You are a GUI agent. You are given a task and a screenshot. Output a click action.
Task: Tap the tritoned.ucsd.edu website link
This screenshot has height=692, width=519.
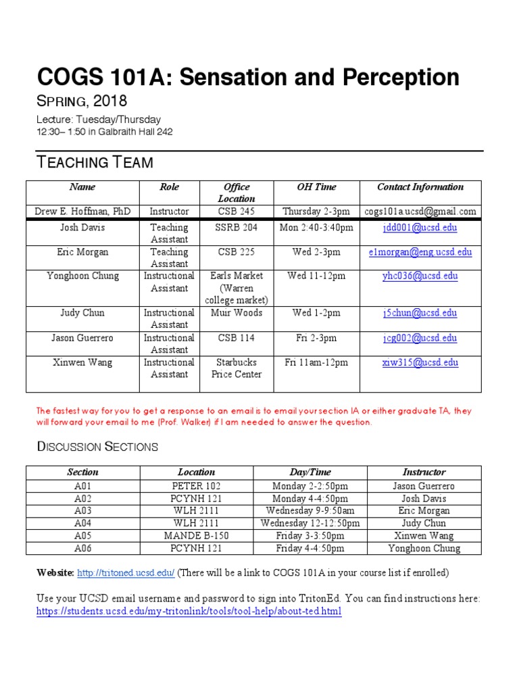tap(126, 573)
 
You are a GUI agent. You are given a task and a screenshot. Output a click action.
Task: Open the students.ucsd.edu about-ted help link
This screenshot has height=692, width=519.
tap(189, 612)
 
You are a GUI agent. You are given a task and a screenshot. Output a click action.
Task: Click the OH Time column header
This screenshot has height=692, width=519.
tap(316, 187)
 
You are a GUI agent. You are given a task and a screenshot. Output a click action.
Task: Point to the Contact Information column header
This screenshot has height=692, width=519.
tap(420, 187)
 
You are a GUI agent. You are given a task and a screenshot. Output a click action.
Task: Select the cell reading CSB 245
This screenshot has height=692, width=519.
tap(237, 212)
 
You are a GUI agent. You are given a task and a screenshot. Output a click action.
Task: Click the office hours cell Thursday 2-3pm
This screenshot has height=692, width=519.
tap(316, 212)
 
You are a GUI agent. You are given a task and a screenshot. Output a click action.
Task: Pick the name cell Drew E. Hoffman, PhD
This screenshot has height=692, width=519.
tap(82, 212)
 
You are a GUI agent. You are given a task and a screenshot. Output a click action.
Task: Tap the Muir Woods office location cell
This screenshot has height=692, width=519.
tap(237, 313)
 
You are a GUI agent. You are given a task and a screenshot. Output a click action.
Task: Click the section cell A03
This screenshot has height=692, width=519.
tap(82, 511)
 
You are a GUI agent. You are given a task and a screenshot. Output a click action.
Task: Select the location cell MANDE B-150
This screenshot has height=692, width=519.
tap(196, 536)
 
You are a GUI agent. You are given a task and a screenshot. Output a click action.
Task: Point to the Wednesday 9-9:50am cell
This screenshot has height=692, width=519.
tap(310, 511)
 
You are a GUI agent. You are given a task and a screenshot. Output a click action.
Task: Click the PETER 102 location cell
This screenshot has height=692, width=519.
tap(196, 486)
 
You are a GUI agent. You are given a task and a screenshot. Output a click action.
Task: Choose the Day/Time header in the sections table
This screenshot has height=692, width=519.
tap(310, 472)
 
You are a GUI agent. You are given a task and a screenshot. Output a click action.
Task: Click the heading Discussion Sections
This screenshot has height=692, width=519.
tap(97, 447)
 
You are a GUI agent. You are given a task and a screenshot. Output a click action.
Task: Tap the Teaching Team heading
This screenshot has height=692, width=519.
tap(95, 162)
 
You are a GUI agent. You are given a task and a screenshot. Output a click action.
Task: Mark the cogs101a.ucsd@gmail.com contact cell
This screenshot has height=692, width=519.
tap(420, 212)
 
